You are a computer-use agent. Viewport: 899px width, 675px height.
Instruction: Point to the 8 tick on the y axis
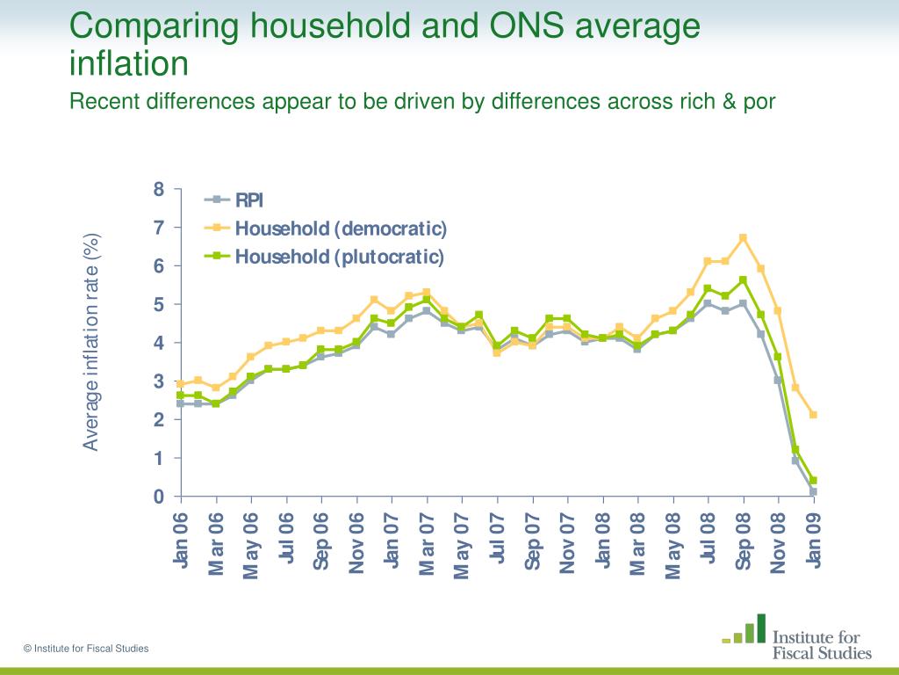[x=159, y=189]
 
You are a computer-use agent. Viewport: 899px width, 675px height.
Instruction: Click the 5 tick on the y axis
[x=159, y=304]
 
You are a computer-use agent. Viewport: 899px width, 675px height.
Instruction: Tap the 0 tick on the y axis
[x=159, y=497]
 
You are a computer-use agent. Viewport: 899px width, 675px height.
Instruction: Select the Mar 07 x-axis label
[x=428, y=543]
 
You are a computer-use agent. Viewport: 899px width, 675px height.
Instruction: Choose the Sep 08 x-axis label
[x=744, y=541]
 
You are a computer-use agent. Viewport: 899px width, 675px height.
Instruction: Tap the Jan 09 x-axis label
[x=814, y=541]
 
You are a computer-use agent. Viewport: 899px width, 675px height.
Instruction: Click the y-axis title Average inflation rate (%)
[x=91, y=342]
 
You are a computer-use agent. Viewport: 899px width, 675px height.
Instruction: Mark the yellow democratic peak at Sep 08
[x=743, y=237]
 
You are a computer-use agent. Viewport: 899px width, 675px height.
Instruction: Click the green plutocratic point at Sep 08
[x=743, y=280]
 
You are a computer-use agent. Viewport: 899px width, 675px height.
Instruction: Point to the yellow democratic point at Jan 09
[x=813, y=415]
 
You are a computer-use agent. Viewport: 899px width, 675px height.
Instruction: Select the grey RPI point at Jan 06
[x=181, y=403]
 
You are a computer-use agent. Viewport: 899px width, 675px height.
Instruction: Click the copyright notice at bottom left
[x=86, y=649]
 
